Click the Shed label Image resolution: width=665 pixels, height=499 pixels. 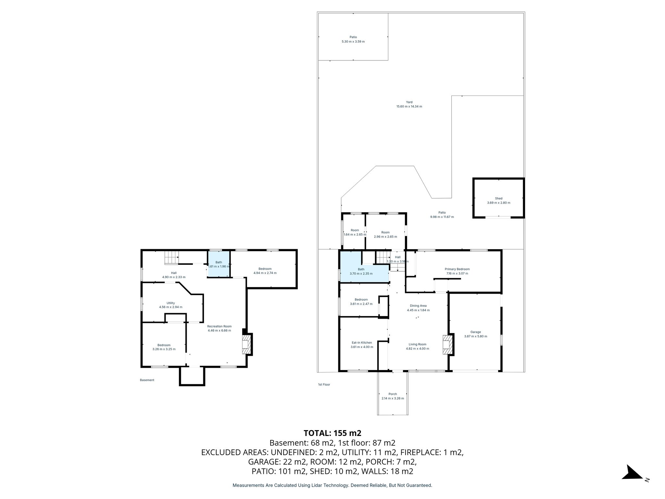tap(498, 198)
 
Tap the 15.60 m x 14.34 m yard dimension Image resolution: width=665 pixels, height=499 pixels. tap(409, 107)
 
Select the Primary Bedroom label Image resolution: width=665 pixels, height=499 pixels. tap(457, 269)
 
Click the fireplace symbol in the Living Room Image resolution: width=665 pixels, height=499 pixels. tap(447, 345)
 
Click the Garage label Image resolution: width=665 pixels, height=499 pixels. tap(475, 332)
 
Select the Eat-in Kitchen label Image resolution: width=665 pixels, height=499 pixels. tap(362, 342)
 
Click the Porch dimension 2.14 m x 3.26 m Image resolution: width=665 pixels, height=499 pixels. tap(393, 398)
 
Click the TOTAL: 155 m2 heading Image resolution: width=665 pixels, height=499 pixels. tap(332, 433)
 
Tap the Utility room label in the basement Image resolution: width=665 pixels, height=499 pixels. tap(170, 303)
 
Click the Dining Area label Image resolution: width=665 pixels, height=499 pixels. tap(418, 306)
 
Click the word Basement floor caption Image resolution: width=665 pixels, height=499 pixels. tap(147, 380)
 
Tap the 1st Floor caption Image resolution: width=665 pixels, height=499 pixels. tap(324, 384)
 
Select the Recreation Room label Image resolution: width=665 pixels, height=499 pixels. tap(219, 326)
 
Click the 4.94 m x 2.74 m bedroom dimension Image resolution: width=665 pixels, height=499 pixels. tap(265, 273)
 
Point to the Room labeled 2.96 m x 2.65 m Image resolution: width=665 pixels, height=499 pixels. tap(385, 235)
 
